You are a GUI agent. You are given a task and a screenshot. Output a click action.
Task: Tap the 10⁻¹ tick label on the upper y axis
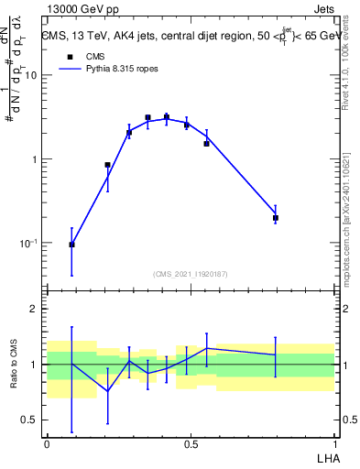[x=30, y=244]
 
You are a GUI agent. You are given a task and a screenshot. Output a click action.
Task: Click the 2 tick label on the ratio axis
[x=38, y=310]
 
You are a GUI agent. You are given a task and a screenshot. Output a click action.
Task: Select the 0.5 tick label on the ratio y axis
[x=32, y=420]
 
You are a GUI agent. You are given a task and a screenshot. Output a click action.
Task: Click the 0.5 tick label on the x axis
[x=191, y=444]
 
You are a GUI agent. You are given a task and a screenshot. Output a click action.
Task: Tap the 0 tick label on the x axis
[x=47, y=444]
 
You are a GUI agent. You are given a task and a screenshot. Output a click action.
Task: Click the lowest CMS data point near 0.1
[x=71, y=245]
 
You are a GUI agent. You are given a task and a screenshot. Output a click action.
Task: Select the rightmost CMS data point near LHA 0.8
[x=275, y=218]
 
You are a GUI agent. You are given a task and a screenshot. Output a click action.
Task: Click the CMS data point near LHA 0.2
[x=108, y=165]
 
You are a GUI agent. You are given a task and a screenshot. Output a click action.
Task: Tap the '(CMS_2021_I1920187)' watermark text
[x=191, y=273]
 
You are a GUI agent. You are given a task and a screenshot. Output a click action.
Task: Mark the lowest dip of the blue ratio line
[x=108, y=391]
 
